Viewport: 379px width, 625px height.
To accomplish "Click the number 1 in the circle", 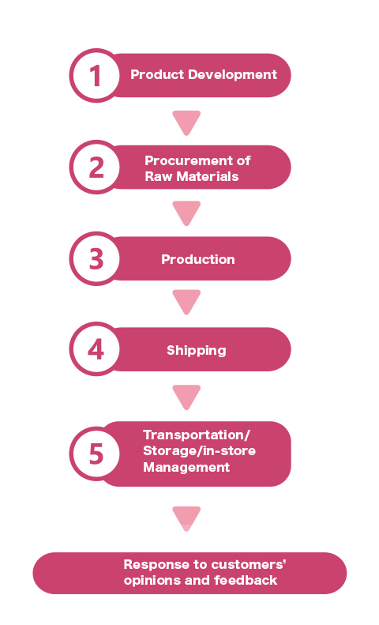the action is click(96, 75).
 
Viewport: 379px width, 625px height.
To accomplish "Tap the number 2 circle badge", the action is click(96, 167).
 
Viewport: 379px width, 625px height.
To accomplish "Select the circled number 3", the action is click(96, 258).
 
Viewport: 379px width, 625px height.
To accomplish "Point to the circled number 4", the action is click(96, 349).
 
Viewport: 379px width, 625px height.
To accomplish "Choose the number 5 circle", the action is click(96, 454).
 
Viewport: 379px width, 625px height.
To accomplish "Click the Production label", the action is click(198, 259).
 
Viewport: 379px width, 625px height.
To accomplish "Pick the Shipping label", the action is click(197, 350).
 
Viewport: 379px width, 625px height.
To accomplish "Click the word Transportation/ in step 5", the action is click(197, 435).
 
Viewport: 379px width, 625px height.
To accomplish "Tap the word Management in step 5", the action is click(186, 467).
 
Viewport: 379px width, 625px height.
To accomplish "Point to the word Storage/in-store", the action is click(200, 451).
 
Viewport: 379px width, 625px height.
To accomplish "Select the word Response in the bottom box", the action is click(156, 564).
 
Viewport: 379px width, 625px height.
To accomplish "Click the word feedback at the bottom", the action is click(246, 580).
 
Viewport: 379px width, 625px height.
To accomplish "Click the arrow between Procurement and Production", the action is click(186, 213).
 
